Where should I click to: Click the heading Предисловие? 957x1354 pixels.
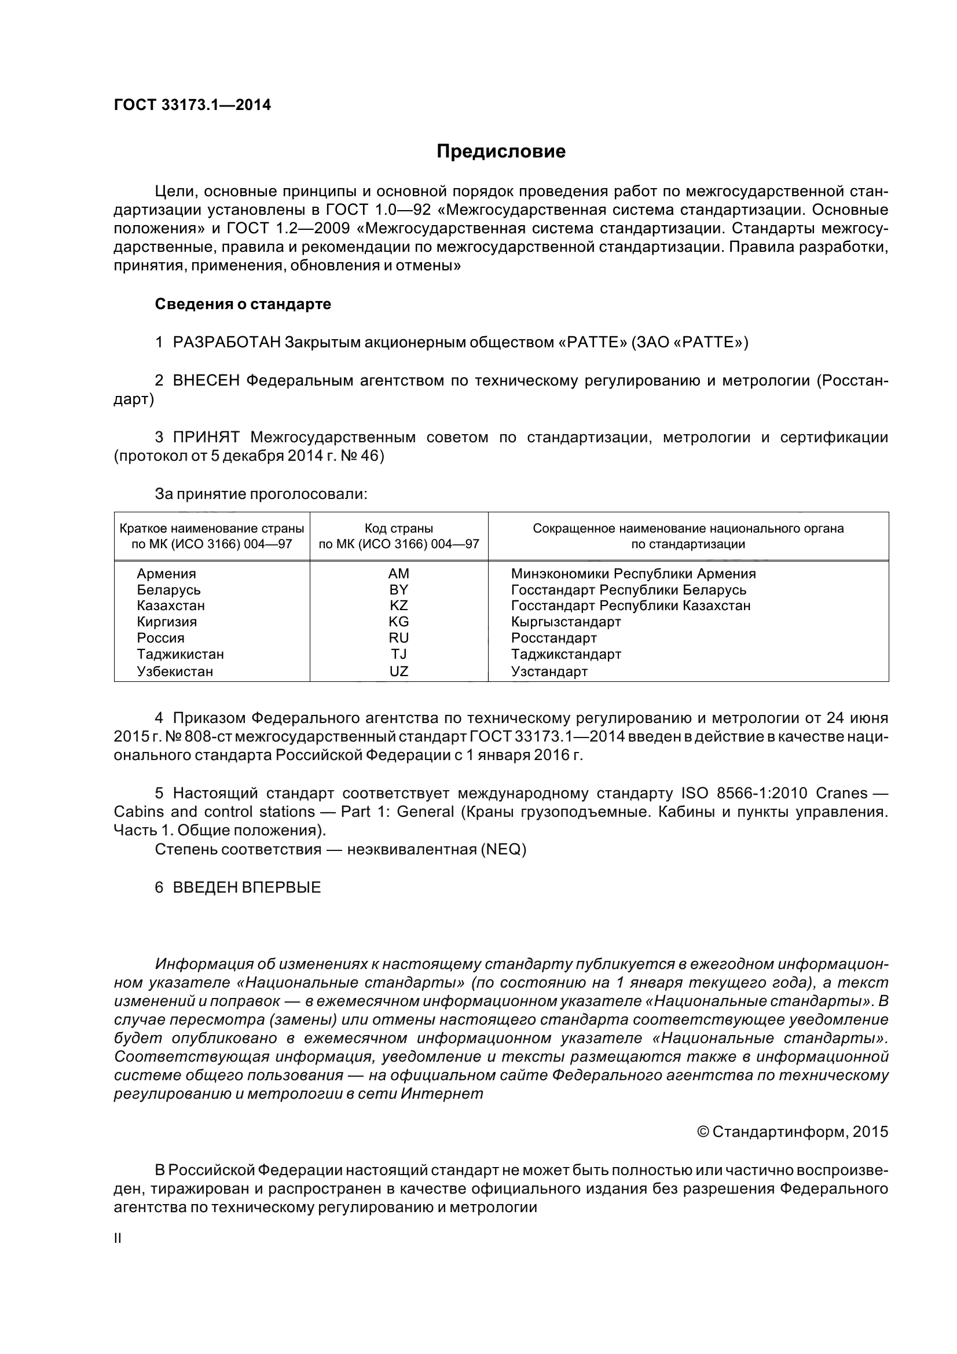click(x=501, y=152)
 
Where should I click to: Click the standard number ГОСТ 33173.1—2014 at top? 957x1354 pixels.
click(x=192, y=105)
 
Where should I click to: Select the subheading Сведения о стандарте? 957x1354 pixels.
click(x=243, y=304)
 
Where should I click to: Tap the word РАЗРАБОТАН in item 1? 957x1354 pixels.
click(x=226, y=342)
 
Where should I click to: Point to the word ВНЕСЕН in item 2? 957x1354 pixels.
click(x=206, y=380)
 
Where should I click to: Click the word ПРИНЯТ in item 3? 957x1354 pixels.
click(x=206, y=437)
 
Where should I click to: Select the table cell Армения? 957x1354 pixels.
click(x=166, y=574)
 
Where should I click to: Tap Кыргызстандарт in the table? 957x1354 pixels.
click(x=566, y=622)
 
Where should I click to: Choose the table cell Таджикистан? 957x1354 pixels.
click(x=180, y=654)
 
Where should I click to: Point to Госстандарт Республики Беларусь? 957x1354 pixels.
click(x=628, y=590)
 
